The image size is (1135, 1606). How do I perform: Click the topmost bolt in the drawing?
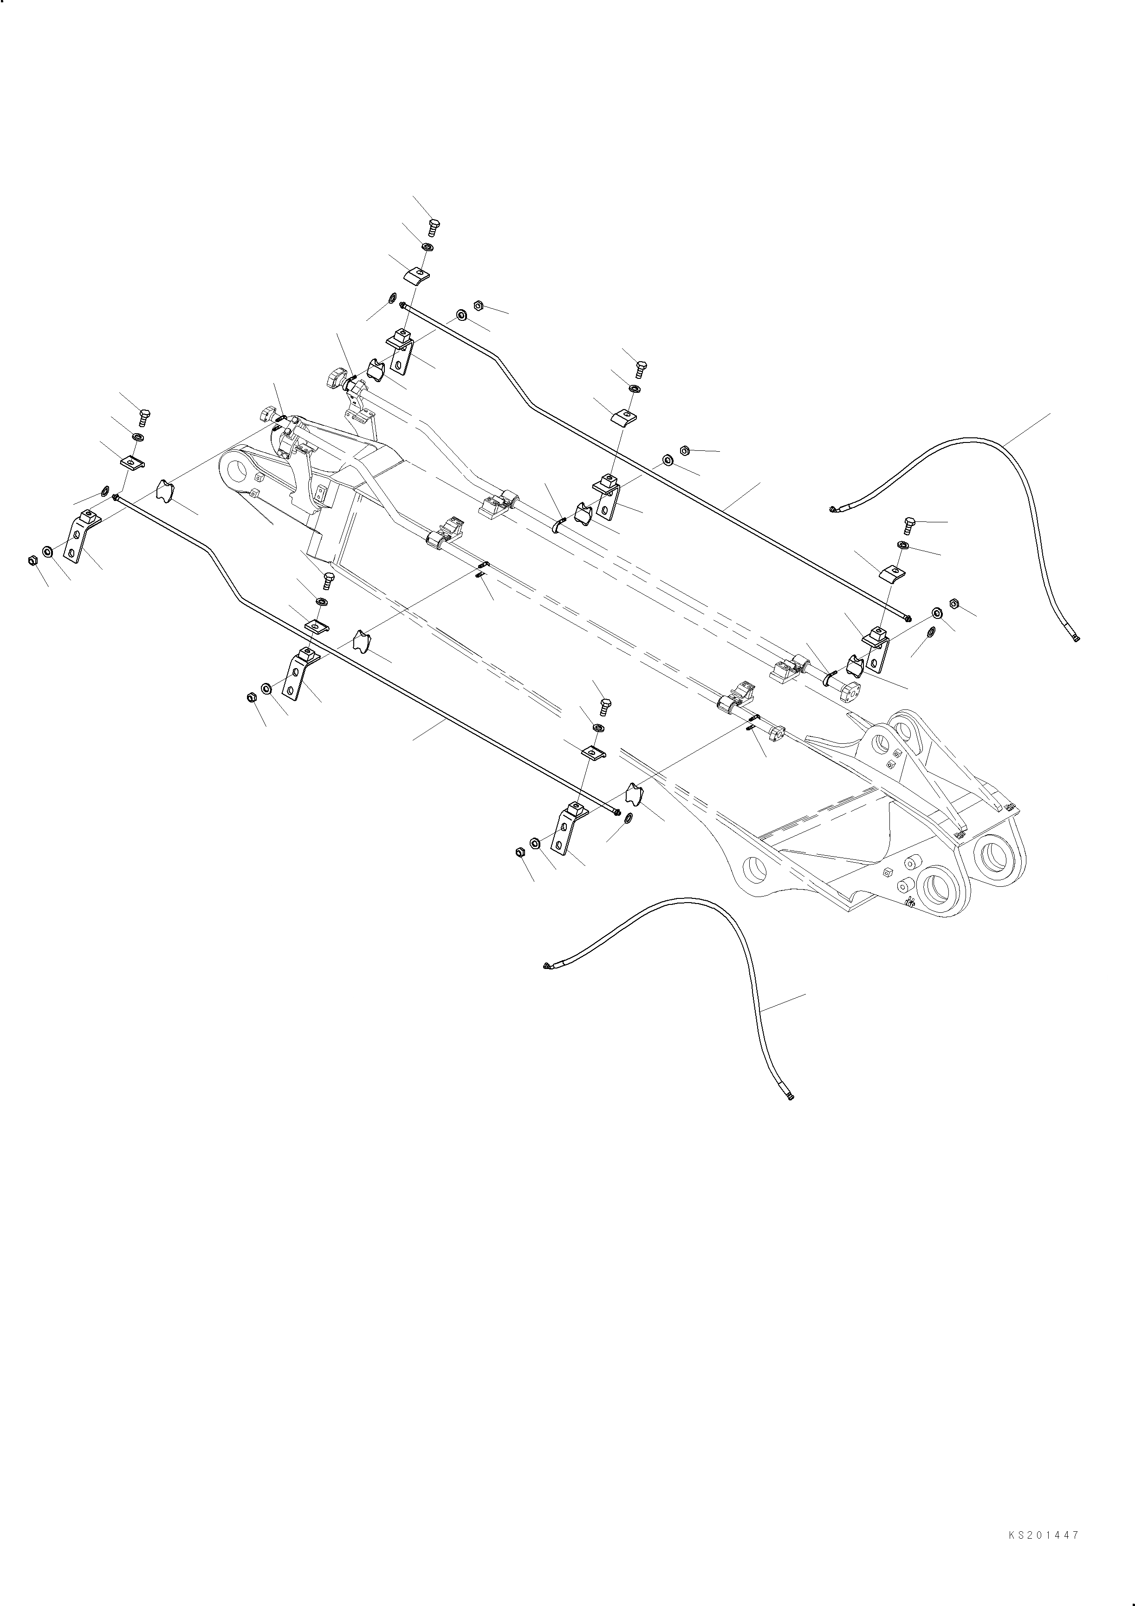(x=433, y=228)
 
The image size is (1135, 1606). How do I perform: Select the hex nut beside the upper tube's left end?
(x=479, y=305)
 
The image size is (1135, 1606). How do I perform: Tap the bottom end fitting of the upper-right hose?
(x=1076, y=637)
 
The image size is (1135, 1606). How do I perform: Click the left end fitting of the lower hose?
(x=547, y=966)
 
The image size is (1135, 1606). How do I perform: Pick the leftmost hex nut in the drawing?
(x=32, y=560)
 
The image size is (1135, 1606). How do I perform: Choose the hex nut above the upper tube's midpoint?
(x=685, y=450)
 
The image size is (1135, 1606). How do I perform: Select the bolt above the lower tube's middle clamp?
(x=329, y=580)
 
